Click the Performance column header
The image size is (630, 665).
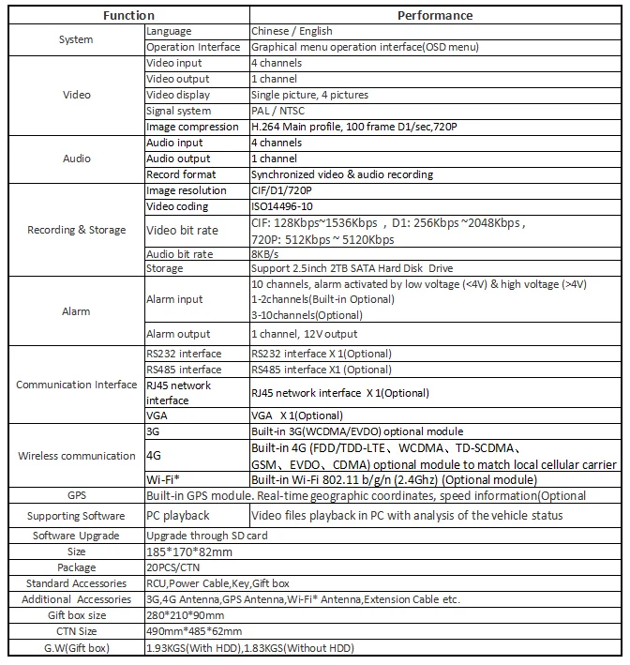[435, 15]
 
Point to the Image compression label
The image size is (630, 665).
[192, 127]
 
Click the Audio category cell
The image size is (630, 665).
[77, 159]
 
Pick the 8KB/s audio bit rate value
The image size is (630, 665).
[267, 253]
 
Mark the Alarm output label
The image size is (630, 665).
[179, 334]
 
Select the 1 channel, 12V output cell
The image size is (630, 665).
[305, 334]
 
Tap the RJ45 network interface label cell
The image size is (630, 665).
[179, 393]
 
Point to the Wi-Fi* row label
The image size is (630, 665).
[163, 479]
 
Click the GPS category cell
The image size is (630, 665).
[77, 495]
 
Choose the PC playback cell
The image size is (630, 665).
[178, 515]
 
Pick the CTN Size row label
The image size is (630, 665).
[77, 631]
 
